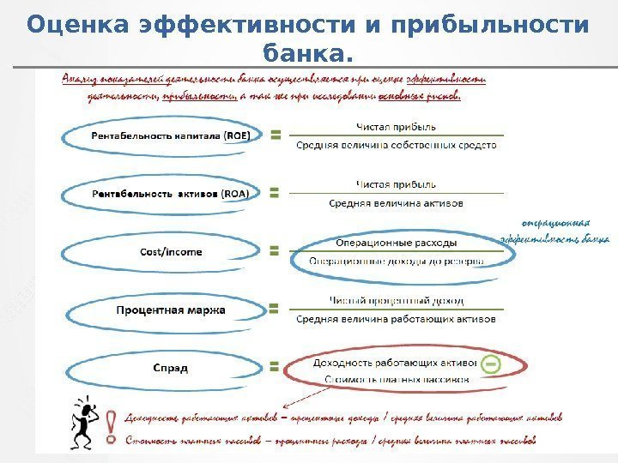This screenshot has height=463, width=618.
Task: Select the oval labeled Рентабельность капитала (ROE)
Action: pyautogui.click(x=160, y=135)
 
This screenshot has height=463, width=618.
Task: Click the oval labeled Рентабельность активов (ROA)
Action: pyautogui.click(x=160, y=194)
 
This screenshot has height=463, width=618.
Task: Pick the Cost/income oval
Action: pyautogui.click(x=160, y=252)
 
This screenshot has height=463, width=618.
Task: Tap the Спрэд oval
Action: pyautogui.click(x=160, y=368)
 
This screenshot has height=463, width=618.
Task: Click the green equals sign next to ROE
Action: pyautogui.click(x=276, y=135)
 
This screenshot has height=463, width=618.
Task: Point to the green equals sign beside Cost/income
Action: pyautogui.click(x=276, y=252)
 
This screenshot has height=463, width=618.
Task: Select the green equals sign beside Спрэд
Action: pyautogui.click(x=276, y=367)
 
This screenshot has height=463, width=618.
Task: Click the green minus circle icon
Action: pyautogui.click(x=490, y=364)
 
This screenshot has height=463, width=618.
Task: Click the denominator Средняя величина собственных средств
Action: pyautogui.click(x=396, y=146)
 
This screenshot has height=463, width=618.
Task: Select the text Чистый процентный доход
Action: pyautogui.click(x=396, y=301)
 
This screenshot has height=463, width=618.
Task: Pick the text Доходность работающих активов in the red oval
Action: pyautogui.click(x=391, y=363)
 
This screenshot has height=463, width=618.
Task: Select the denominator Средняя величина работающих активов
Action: pyautogui.click(x=396, y=319)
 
